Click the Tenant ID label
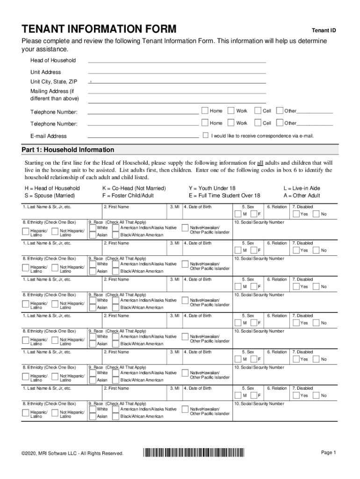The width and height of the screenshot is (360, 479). (x=324, y=31)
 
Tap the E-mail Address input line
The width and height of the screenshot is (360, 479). (x=143, y=136)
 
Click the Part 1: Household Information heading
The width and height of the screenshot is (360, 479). (x=68, y=150)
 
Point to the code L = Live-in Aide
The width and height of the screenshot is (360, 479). (x=302, y=188)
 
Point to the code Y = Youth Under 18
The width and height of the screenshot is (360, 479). (x=212, y=188)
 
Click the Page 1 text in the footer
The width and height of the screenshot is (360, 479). (x=328, y=452)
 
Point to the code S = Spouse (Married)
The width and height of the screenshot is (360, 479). (x=50, y=196)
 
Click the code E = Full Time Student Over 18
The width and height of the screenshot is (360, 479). (x=224, y=196)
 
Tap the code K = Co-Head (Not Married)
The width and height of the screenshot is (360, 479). (x=134, y=188)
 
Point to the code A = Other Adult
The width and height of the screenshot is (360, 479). (x=302, y=196)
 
